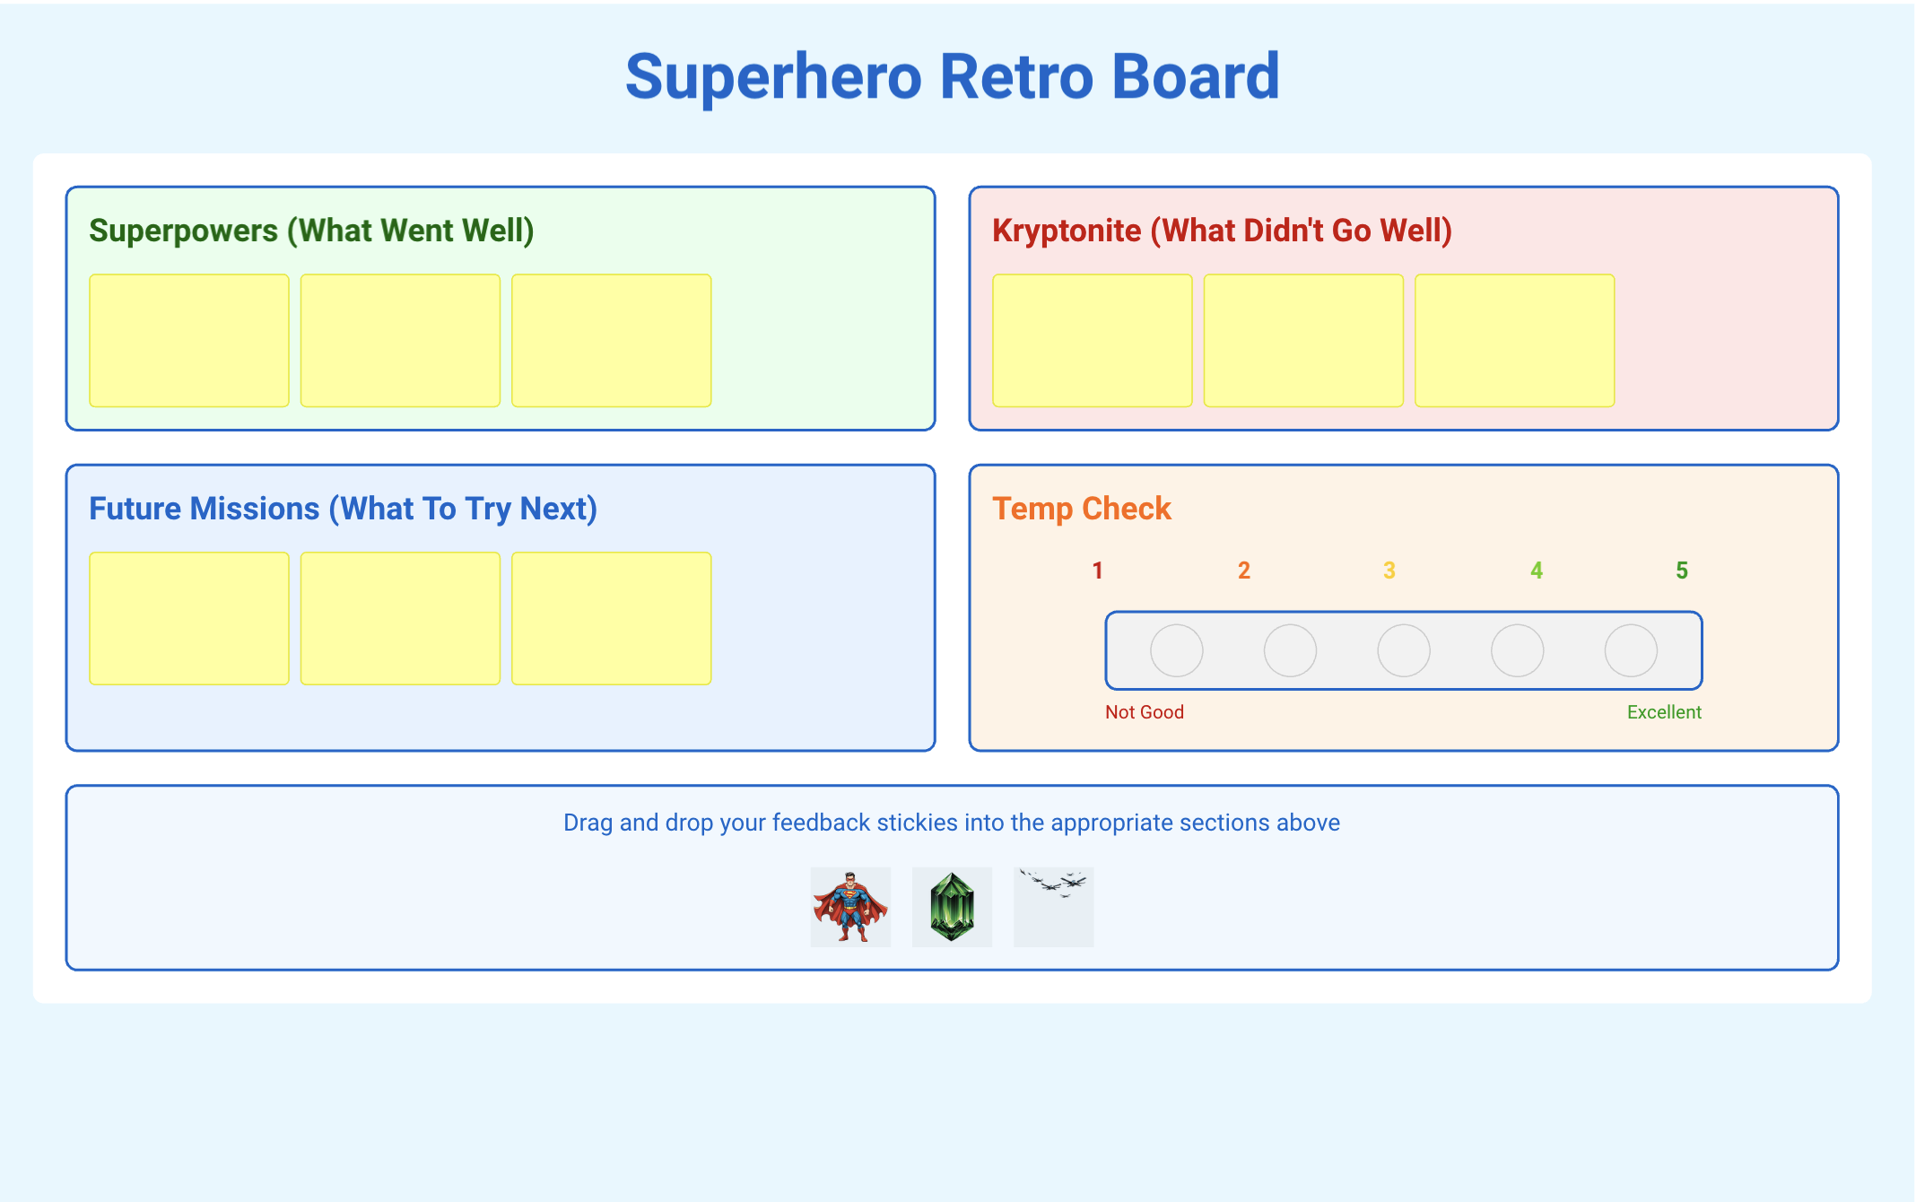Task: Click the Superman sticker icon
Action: (850, 907)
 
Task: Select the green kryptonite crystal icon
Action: (952, 907)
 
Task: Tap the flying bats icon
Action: (1053, 907)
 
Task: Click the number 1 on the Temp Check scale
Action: (1097, 571)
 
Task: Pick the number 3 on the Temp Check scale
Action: (1389, 571)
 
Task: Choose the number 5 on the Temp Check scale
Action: (1682, 571)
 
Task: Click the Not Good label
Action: (1145, 712)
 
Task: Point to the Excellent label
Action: (1664, 712)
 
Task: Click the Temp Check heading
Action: (1082, 509)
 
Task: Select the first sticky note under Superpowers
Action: (189, 341)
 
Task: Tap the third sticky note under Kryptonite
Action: (1515, 341)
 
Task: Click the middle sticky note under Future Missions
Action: (400, 619)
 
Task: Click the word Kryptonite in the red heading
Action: (1067, 231)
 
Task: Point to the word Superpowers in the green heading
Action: (184, 231)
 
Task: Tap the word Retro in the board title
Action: (1017, 76)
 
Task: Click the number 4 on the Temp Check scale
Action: (1537, 571)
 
